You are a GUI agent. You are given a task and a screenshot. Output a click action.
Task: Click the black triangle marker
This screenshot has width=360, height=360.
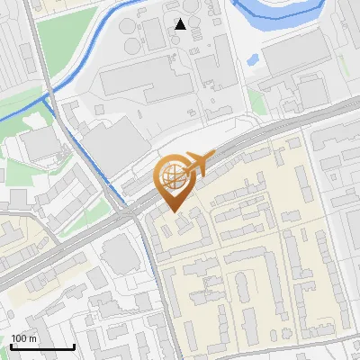point(181,24)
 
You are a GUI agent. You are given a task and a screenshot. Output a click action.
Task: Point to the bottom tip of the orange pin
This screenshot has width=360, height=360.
point(175,211)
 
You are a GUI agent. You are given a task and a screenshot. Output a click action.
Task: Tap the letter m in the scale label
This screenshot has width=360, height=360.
point(32,338)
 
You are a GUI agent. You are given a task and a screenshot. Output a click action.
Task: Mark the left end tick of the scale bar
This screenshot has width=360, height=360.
point(11,346)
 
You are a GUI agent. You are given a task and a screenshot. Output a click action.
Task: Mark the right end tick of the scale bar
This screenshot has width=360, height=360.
point(74,346)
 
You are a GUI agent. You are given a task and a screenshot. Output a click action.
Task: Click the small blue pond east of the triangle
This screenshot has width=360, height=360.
point(253,61)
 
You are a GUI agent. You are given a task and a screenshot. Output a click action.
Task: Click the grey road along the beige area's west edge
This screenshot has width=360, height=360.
point(155,270)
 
